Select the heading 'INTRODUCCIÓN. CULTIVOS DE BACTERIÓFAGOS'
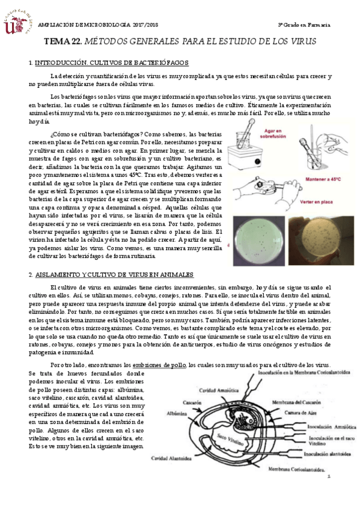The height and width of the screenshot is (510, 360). pos(112,63)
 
